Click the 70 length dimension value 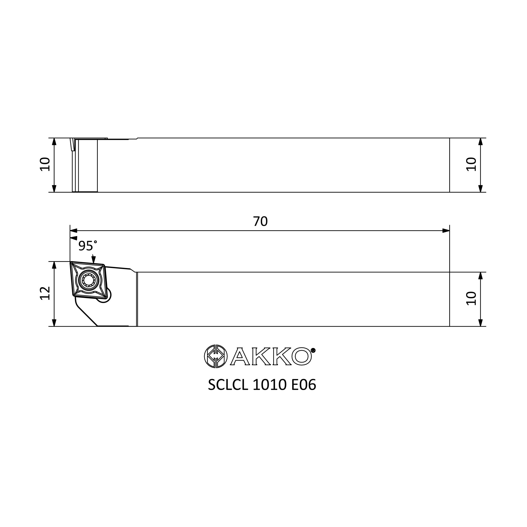(260, 222)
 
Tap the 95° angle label (87, 246)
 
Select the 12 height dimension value (45, 293)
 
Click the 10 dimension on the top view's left (45, 164)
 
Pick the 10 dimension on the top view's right (471, 164)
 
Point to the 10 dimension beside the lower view (471, 299)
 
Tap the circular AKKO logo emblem (216, 356)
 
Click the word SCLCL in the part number (228, 385)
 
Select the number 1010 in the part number (270, 385)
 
